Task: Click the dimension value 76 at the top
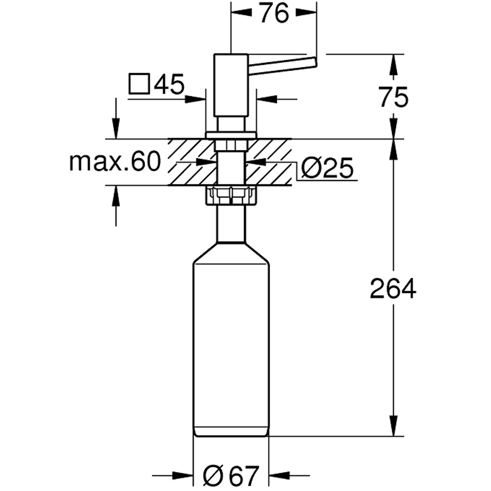(x=274, y=14)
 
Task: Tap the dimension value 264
(x=393, y=289)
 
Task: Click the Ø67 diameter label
(x=231, y=475)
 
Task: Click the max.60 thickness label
(x=115, y=162)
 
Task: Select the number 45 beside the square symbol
(x=168, y=84)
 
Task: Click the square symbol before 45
(x=139, y=84)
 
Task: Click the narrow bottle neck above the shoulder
(x=231, y=223)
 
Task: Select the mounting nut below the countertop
(x=231, y=195)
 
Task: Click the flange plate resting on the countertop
(x=231, y=135)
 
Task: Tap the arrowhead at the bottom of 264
(x=393, y=428)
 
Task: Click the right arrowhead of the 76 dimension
(x=309, y=14)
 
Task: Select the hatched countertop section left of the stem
(x=189, y=162)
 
